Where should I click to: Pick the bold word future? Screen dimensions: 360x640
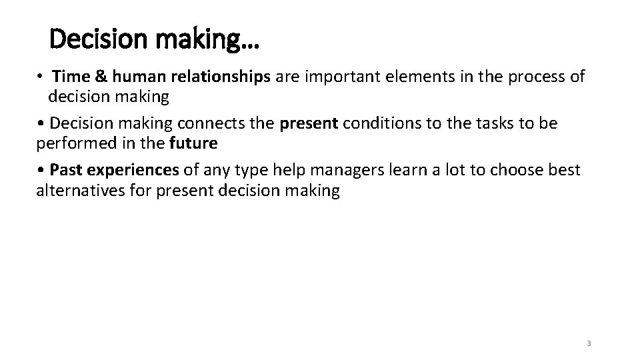tap(193, 143)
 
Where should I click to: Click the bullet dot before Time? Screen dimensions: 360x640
tap(41, 77)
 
